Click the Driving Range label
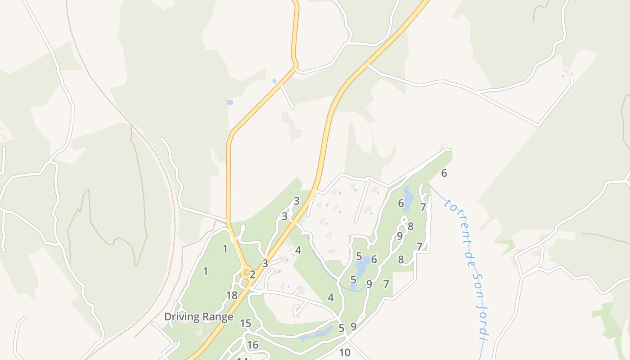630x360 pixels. [198, 317]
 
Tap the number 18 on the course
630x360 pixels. [231, 296]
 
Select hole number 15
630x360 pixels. [245, 324]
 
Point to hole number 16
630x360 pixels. [252, 345]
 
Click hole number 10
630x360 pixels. [345, 353]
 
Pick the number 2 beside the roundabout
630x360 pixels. [252, 274]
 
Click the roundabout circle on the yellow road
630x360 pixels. [246, 272]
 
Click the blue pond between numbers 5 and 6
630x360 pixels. [364, 265]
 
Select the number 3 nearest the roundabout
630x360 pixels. [265, 264]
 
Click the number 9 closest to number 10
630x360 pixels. [353, 327]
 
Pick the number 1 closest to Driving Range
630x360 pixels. [206, 271]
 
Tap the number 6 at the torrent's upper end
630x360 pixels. [444, 173]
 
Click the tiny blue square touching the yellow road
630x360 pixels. [274, 81]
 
